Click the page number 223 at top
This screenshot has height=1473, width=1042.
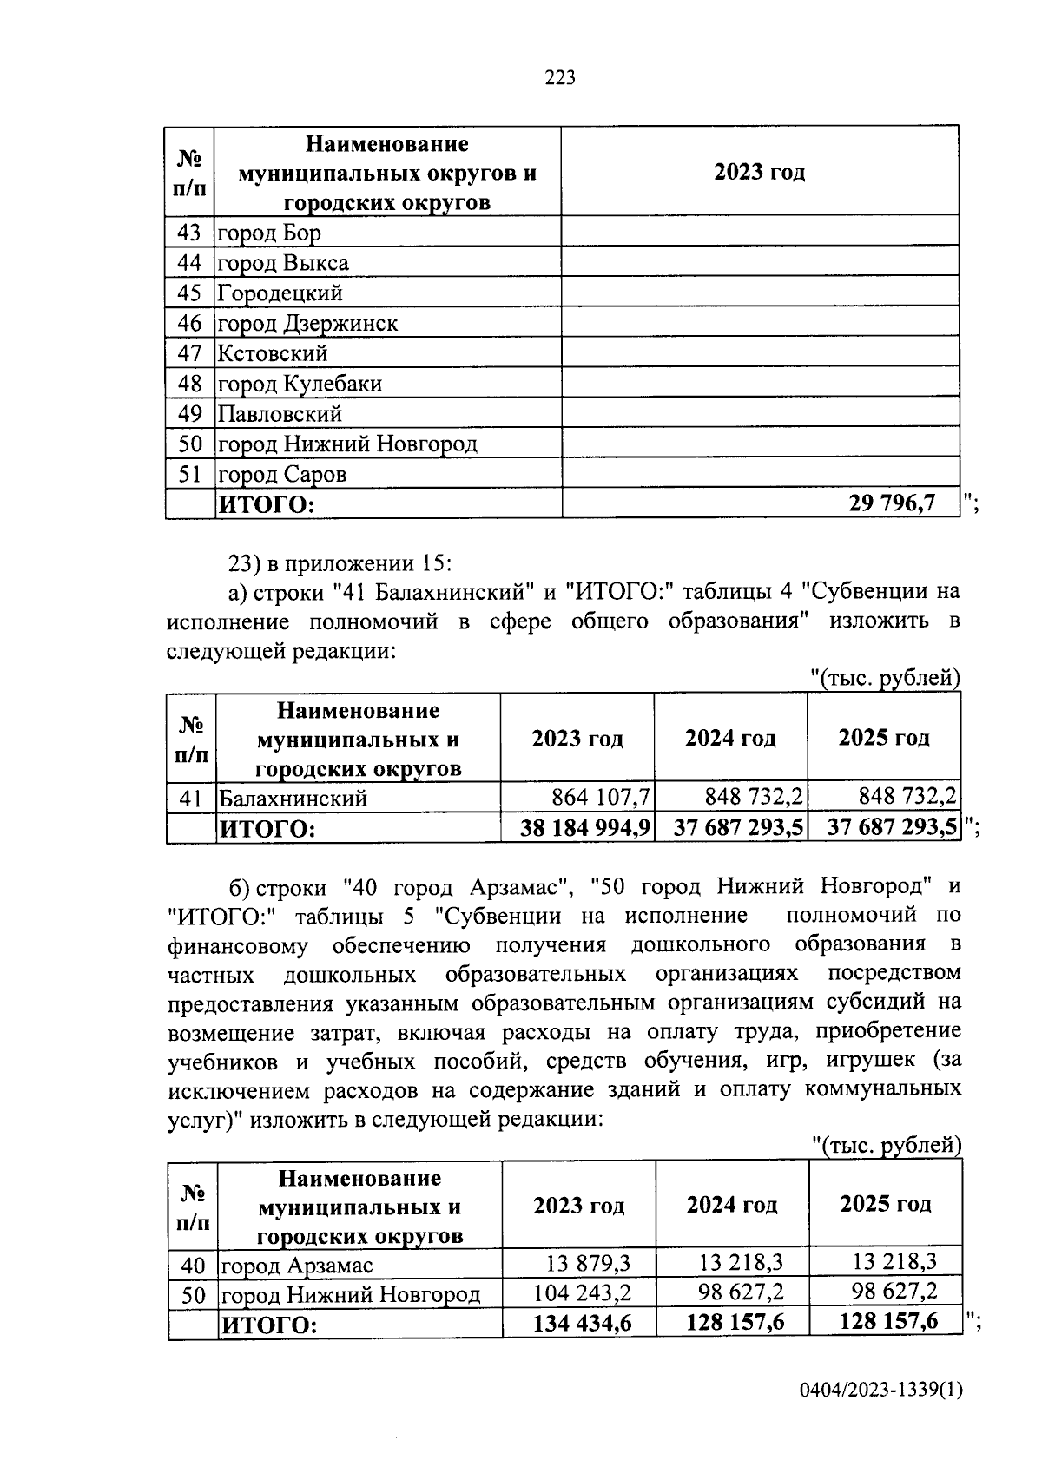coord(560,79)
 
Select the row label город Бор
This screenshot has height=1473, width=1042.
coord(269,233)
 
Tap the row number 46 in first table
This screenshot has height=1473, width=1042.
coord(189,324)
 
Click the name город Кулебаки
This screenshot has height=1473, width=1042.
coord(300,384)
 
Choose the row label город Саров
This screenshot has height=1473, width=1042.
coord(282,475)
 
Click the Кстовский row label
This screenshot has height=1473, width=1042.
coord(273,353)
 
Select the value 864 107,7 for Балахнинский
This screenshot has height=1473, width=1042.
coord(601,797)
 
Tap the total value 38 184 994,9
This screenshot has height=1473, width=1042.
coord(585,828)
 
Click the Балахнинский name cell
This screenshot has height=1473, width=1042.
coord(293,798)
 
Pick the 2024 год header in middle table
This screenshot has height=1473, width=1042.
coord(730,739)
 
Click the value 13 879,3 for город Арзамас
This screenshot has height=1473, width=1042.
coord(588,1263)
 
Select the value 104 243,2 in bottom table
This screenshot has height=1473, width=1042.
coord(582,1293)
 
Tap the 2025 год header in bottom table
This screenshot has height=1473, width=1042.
coord(885,1204)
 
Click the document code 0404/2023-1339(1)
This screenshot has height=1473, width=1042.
coord(880,1391)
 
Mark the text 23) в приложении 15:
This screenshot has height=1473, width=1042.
coord(340,562)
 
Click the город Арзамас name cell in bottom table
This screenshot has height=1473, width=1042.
coord(298,1266)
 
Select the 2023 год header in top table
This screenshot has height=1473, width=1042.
coord(759,172)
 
